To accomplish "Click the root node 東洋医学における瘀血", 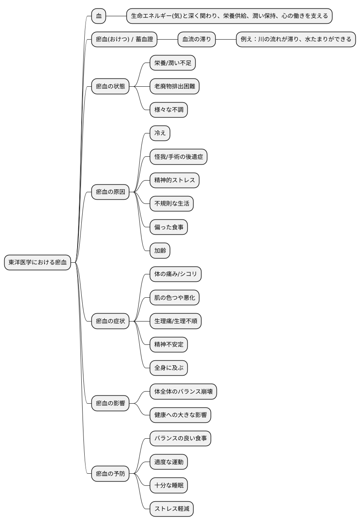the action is click(x=38, y=262).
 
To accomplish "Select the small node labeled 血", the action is click(x=99, y=16).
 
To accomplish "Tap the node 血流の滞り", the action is click(x=197, y=39).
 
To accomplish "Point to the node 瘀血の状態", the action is click(x=110, y=86).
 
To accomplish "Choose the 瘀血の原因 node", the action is click(x=110, y=192).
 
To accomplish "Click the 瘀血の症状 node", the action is click(x=110, y=321).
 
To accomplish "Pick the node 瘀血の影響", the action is click(x=110, y=403).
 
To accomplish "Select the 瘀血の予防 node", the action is click(x=110, y=474).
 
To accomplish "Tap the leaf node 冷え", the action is click(x=160, y=133).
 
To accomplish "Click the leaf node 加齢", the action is click(x=160, y=251).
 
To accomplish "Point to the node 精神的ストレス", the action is click(x=174, y=180).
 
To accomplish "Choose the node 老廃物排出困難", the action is click(x=174, y=86).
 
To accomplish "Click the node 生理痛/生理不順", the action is click(x=176, y=321).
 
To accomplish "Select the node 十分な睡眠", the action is click(x=169, y=485).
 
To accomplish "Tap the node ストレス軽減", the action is click(x=172, y=509).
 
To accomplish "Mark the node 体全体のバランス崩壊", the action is click(x=184, y=392).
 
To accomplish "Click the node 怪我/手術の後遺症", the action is click(x=179, y=156).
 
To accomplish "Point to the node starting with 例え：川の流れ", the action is click(x=296, y=39).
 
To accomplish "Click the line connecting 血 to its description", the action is click(x=116, y=16).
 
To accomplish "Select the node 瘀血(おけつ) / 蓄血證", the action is click(x=124, y=39).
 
